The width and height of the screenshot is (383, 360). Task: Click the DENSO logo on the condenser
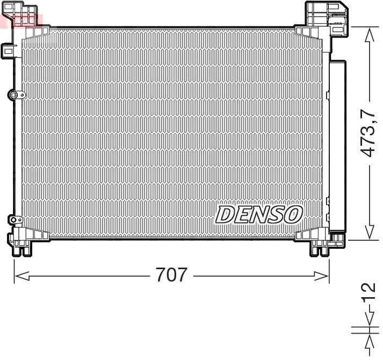click(x=259, y=214)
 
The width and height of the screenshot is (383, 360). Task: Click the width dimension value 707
click(x=171, y=275)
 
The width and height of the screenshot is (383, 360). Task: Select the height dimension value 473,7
click(x=368, y=134)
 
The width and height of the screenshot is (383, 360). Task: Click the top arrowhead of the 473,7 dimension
click(x=368, y=35)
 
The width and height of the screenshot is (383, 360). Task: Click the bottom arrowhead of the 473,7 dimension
click(x=368, y=232)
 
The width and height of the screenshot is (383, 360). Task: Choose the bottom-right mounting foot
click(x=320, y=243)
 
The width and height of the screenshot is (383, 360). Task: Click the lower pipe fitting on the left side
click(x=14, y=219)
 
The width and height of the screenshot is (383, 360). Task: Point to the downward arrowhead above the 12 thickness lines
click(x=368, y=320)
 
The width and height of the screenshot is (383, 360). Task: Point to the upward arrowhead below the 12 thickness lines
click(x=368, y=341)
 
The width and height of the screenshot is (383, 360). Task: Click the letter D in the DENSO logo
click(x=225, y=214)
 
